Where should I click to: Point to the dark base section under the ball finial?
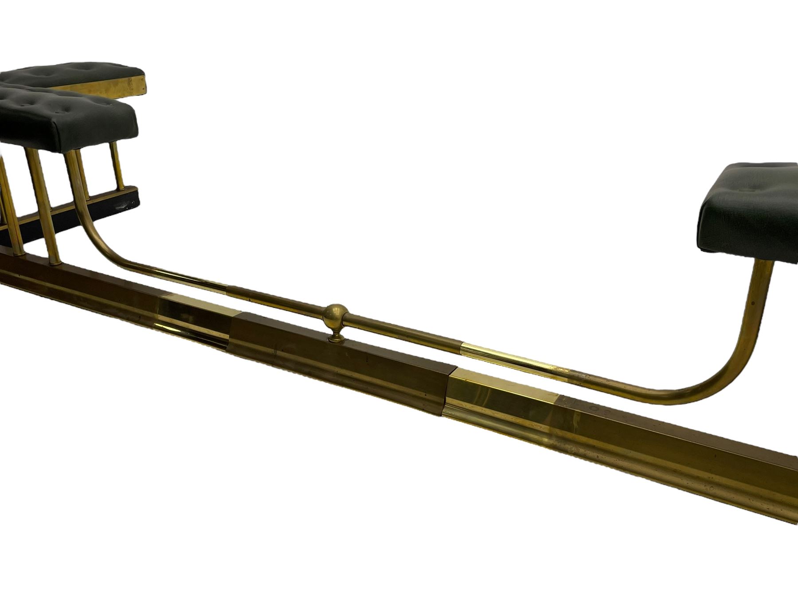click(x=337, y=359)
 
